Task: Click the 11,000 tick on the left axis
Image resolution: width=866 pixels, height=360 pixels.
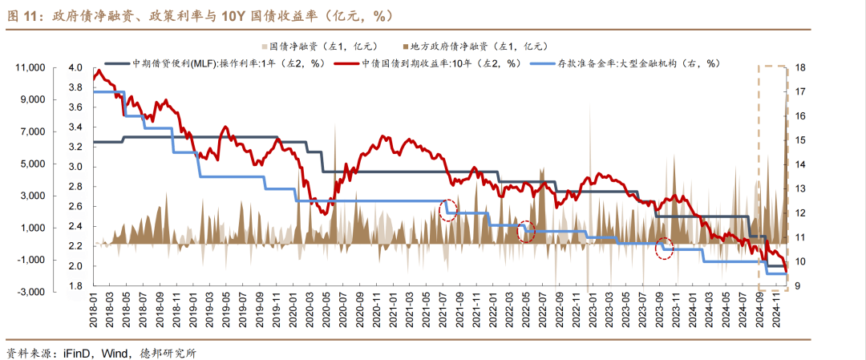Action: [30, 68]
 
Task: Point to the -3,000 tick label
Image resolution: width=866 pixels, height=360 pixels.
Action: [31, 292]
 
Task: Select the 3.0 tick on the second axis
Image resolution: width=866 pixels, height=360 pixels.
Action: [76, 167]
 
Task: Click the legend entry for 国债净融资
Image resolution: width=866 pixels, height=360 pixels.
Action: [317, 47]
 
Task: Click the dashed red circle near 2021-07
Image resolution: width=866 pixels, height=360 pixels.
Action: [449, 210]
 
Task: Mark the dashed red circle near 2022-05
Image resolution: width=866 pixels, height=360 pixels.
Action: [525, 231]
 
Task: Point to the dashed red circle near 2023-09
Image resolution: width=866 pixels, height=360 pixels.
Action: [666, 249]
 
